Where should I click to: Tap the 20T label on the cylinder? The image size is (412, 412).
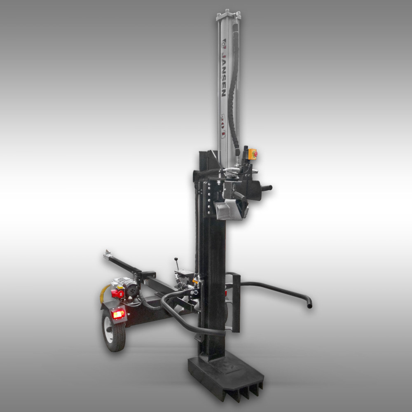coord(223,126)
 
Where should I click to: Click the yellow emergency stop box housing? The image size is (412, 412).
coord(252,154)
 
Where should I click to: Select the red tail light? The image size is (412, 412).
coord(119,314)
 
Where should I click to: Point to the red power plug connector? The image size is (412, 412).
coord(117,293)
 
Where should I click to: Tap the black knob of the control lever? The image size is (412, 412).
coord(176,259)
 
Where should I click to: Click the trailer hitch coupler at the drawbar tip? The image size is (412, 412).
coord(107,253)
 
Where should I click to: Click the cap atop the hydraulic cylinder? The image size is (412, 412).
coord(228,15)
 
